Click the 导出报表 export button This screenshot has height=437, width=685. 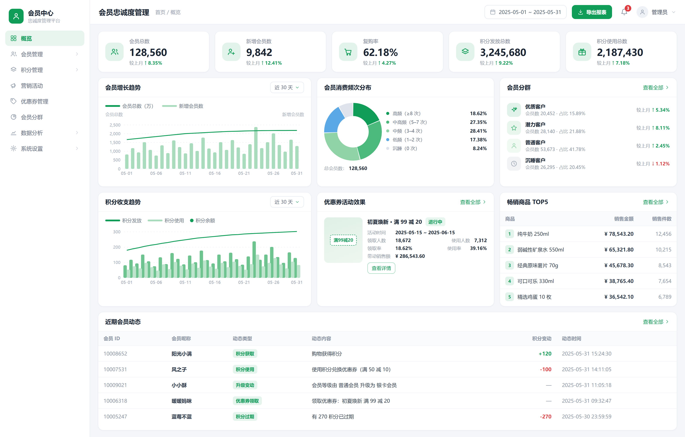592,12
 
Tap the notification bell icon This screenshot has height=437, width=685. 624,12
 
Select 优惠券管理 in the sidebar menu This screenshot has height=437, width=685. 35,101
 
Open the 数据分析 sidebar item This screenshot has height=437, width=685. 32,133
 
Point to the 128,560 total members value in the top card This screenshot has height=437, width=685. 148,52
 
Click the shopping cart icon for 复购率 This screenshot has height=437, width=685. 348,52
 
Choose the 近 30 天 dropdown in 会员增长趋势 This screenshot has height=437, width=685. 287,87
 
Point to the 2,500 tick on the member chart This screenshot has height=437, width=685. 115,125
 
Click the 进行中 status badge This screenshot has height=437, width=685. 435,222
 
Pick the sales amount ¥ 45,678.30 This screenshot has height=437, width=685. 619,265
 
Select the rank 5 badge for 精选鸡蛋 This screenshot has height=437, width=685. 509,297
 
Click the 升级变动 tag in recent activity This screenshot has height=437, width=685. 245,385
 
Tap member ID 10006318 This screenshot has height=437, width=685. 115,401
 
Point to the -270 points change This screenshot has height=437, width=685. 546,416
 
